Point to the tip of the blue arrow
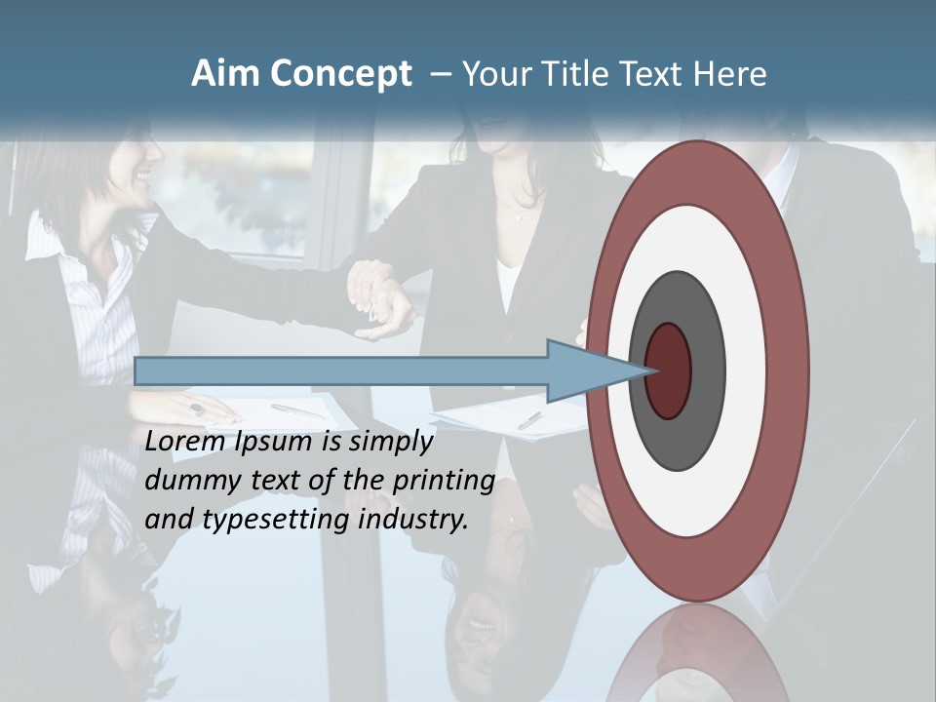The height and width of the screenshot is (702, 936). [650, 370]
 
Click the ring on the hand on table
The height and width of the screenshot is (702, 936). [196, 409]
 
